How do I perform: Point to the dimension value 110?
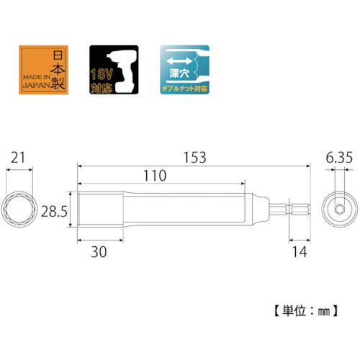(x=154, y=176)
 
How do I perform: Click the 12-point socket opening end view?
(x=20, y=208)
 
